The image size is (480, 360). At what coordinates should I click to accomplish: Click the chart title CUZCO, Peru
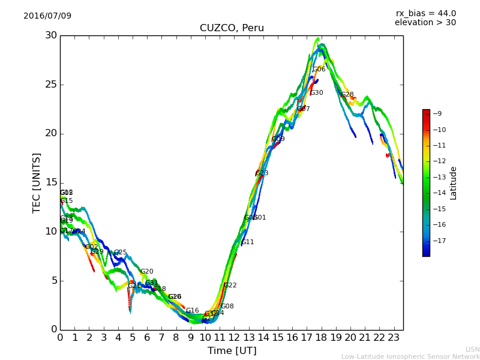[x=232, y=28]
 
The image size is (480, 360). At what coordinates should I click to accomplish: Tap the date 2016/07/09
[x=47, y=16]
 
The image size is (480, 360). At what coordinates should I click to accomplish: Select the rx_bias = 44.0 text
[x=425, y=13]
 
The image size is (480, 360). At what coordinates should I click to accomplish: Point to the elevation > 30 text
[x=425, y=23]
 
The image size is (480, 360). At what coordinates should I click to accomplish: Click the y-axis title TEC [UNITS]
[x=37, y=182]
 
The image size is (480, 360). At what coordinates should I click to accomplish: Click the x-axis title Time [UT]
[x=232, y=351]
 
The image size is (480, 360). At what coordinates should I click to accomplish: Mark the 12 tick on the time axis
[x=235, y=338]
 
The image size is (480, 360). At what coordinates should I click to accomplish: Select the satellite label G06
[x=319, y=70]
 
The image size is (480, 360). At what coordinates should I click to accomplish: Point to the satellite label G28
[x=347, y=95]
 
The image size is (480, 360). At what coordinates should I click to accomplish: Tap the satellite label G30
[x=316, y=93]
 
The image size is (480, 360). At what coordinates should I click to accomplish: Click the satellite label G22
[x=230, y=286]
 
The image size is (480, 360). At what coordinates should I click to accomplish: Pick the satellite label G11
[x=247, y=242]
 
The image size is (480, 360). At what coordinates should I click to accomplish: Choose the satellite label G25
[x=120, y=253]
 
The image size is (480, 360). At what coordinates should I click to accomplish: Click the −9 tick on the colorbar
[x=438, y=114]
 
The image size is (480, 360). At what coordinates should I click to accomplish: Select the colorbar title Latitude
[x=454, y=183]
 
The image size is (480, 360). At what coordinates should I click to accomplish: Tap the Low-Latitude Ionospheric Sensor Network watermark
[x=410, y=356]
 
